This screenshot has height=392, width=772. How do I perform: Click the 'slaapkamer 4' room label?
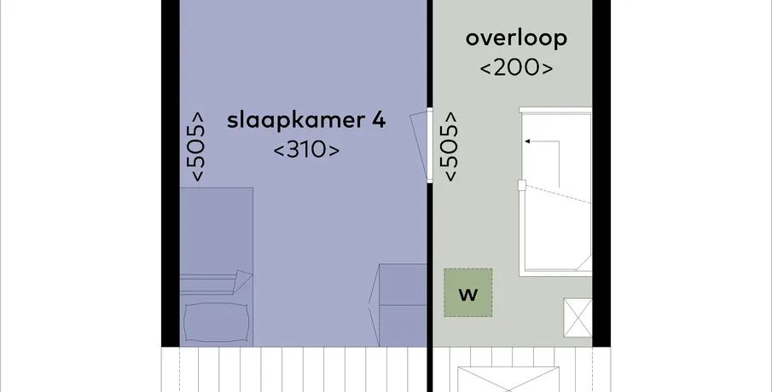coord(305,121)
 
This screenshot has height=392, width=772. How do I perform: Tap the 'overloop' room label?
coord(516,38)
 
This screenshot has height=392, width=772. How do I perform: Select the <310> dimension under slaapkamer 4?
coord(306,150)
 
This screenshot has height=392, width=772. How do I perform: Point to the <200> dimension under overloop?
coord(516,68)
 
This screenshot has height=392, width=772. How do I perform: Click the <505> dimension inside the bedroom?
coord(196,147)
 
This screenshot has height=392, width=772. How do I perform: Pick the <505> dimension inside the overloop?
coord(450,147)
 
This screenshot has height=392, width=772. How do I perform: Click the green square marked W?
coord(467,292)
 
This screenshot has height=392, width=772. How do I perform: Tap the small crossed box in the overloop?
coord(578,318)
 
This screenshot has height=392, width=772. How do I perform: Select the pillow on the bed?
coord(216,321)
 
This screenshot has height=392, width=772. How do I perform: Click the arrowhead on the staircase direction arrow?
coord(527,141)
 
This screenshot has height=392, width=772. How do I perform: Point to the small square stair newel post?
coord(522,186)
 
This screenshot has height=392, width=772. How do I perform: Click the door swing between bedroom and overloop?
coord(419,145)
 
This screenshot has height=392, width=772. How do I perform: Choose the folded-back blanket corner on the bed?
coord(243,281)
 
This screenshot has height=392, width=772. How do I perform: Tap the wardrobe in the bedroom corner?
coord(403,305)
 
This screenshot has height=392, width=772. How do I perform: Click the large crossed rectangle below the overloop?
coord(508,379)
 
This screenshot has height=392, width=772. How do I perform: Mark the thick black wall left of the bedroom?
coord(171,173)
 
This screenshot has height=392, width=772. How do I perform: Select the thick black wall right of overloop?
coord(601,173)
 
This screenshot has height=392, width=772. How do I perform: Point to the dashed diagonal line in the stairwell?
coord(557,194)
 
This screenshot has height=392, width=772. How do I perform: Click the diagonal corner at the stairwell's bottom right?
coord(583,262)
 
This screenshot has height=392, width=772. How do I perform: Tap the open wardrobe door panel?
coord(374,305)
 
